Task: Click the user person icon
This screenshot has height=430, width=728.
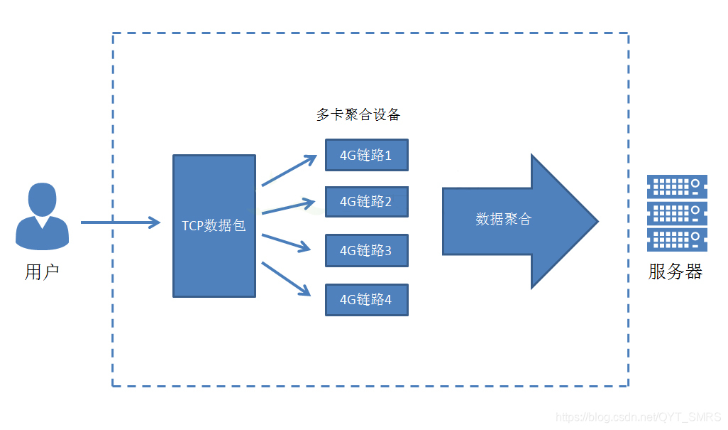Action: coord(42,216)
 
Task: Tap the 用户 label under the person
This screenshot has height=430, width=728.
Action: coord(42,272)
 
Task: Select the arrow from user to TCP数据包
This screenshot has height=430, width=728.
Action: coord(121,222)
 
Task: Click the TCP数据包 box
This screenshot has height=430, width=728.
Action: coord(214,225)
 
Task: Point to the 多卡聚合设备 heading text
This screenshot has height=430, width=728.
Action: coord(358,114)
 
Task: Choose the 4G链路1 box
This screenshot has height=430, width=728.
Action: coord(366,155)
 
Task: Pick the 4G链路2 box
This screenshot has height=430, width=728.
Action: coord(366,202)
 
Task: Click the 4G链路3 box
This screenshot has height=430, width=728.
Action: coord(366,250)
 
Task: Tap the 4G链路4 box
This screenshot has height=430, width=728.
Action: coord(366,299)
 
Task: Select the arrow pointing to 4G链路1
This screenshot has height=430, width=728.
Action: coord(288,171)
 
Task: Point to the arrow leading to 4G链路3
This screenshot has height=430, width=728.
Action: coord(287,242)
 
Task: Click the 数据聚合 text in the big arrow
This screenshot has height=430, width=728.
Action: coord(503,220)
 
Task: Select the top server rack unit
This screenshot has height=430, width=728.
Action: coord(677,187)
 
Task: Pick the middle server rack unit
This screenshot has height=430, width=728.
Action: coord(677,213)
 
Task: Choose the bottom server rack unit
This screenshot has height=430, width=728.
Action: coord(677,240)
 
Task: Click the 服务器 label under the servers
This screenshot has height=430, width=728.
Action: coord(675,272)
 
